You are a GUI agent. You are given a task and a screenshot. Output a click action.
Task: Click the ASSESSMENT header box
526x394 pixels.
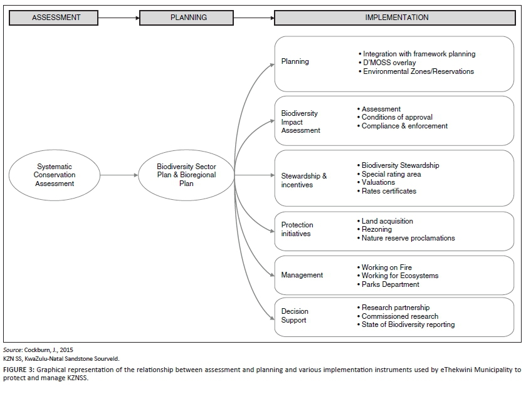(56, 18)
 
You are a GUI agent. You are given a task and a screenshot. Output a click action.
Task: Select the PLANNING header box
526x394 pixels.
(189, 18)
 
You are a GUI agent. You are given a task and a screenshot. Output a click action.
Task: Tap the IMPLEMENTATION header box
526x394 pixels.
(397, 18)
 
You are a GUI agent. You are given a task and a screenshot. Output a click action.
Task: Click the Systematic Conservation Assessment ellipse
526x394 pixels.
(55, 175)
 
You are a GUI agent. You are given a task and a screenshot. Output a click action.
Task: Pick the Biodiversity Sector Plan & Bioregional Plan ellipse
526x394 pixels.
(186, 175)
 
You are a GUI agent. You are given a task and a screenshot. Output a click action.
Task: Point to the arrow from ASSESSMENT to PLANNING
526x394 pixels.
(119, 18)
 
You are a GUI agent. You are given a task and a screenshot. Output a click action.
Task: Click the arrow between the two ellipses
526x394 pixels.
(120, 175)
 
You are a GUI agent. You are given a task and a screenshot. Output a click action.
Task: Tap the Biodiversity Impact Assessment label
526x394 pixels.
(300, 122)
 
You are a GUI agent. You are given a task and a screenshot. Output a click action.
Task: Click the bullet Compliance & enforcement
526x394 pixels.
(404, 126)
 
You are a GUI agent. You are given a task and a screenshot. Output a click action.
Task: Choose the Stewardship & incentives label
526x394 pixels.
(304, 180)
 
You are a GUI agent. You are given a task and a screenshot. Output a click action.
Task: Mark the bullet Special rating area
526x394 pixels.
(391, 174)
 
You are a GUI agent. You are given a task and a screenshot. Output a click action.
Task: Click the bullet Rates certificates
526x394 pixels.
(388, 191)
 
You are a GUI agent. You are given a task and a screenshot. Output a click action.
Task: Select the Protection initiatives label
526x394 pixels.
(297, 229)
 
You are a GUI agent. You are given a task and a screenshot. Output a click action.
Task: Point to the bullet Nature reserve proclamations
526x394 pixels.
(408, 238)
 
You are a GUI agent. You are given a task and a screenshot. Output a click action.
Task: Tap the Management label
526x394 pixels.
(302, 275)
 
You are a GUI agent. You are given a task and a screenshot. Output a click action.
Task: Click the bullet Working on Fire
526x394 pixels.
(387, 267)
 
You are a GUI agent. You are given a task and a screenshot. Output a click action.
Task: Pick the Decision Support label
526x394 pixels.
(295, 316)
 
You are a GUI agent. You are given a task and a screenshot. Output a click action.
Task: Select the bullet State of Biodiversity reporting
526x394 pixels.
(408, 324)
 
